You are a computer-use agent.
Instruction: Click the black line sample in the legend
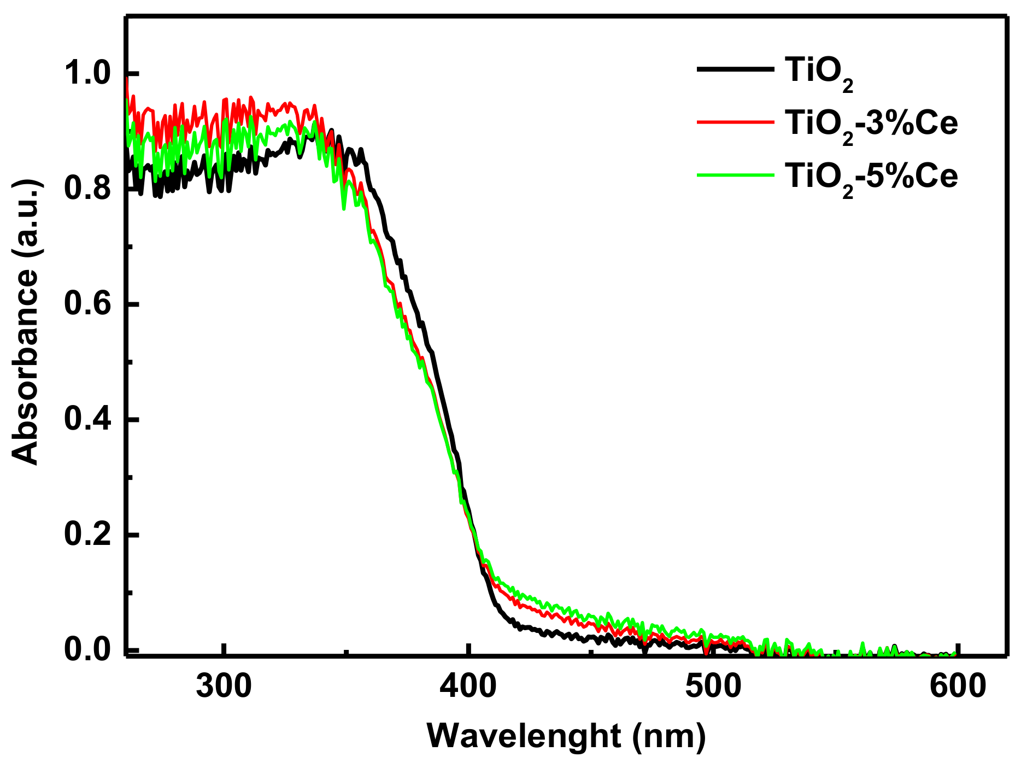click(x=735, y=69)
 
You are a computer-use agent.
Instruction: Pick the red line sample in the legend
click(x=735, y=122)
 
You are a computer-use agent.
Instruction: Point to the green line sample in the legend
click(x=735, y=175)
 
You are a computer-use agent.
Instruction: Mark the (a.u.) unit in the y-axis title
click(x=26, y=218)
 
